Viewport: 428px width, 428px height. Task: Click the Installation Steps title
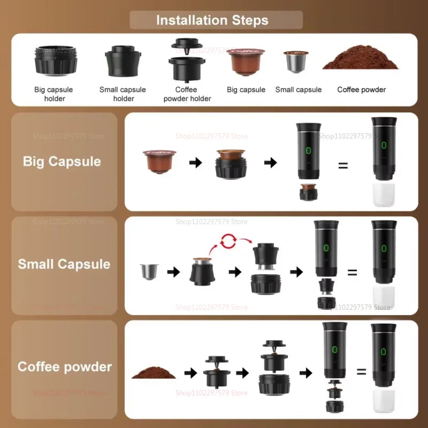[x=212, y=20]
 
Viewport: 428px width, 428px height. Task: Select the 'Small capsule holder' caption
[x=123, y=94]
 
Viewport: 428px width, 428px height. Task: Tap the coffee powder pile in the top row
[x=360, y=60]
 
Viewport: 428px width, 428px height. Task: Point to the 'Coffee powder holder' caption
[x=187, y=94]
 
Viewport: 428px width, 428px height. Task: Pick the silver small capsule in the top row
[x=296, y=63]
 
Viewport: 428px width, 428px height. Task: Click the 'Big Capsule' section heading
[x=62, y=161]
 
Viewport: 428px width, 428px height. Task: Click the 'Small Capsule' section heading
[x=64, y=264]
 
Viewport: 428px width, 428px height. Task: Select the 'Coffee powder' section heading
[x=65, y=366]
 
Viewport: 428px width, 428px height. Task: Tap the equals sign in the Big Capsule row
[x=343, y=165]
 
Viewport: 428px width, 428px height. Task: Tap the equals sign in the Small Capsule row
[x=352, y=272]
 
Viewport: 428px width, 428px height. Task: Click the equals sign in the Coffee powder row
[x=362, y=371]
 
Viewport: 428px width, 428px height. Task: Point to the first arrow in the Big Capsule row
[x=196, y=163]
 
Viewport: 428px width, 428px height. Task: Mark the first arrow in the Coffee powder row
[x=189, y=372]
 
